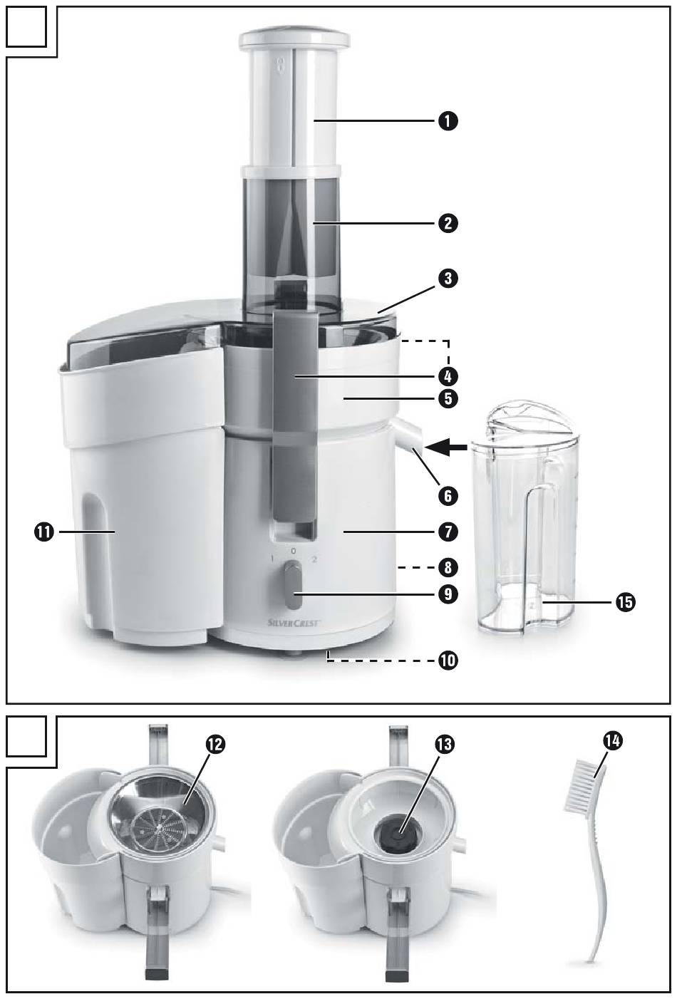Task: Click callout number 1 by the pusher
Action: [448, 121]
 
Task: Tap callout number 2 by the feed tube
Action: [448, 224]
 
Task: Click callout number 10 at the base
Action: [448, 661]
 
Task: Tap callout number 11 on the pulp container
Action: [46, 532]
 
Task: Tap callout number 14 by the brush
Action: [611, 742]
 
